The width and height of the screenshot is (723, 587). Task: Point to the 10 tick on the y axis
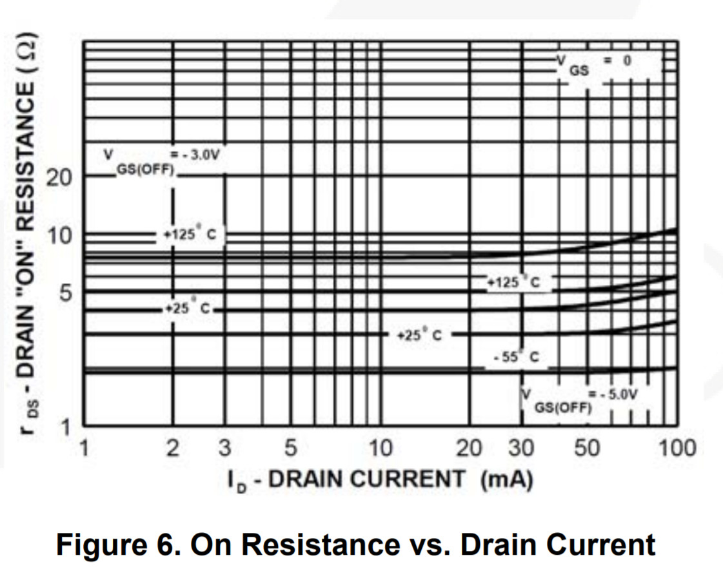pyautogui.click(x=61, y=235)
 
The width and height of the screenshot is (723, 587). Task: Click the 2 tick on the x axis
pyautogui.click(x=172, y=447)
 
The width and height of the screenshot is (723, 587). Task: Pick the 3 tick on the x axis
pyautogui.click(x=224, y=447)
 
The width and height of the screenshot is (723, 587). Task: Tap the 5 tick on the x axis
pyautogui.click(x=290, y=447)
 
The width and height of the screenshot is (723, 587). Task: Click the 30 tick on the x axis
pyautogui.click(x=520, y=447)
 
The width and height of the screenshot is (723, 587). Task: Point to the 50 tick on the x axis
pyautogui.click(x=587, y=447)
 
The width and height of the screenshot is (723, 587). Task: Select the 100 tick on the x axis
pyautogui.click(x=675, y=447)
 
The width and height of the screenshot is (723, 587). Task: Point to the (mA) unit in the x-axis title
pyautogui.click(x=506, y=479)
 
